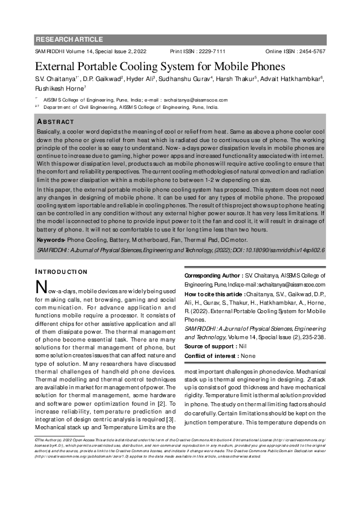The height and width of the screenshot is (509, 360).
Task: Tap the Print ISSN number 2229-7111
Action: click(211, 52)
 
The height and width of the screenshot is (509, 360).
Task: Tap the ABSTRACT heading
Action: click(56, 122)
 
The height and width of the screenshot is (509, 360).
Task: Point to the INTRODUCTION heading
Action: click(61, 272)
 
